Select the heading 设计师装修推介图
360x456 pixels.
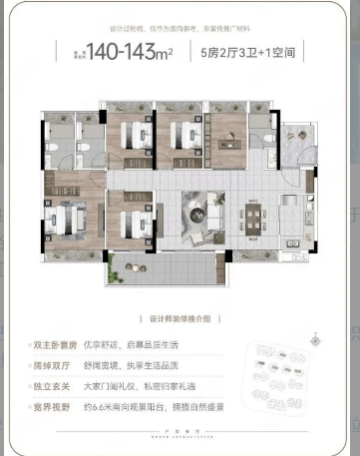(180, 319)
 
